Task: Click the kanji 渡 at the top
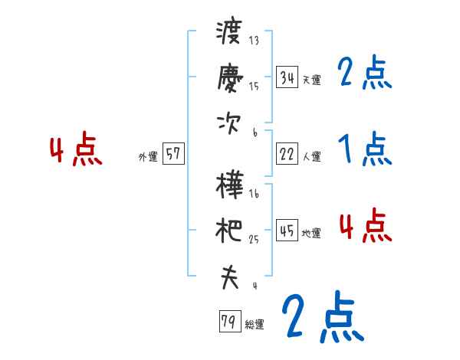click(x=228, y=33)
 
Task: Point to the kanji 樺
click(x=229, y=185)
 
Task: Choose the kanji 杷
click(x=229, y=230)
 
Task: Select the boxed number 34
click(x=287, y=77)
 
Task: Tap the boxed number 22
click(x=287, y=154)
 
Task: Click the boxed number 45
click(x=287, y=231)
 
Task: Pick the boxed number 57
click(x=172, y=154)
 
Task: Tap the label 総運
click(x=254, y=325)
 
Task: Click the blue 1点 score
click(x=364, y=149)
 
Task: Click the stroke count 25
click(x=254, y=240)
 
